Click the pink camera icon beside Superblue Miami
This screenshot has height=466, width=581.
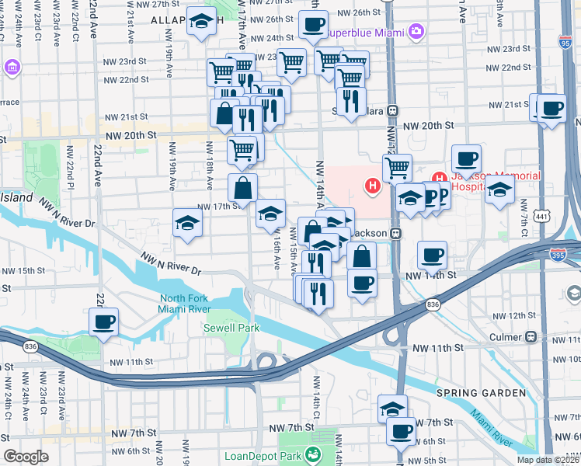[x=417, y=31]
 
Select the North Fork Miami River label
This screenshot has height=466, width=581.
[x=197, y=304]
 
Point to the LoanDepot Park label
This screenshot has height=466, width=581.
[x=261, y=457]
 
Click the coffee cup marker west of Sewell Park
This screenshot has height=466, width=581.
[x=103, y=321]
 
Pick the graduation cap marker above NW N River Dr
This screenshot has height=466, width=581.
[x=187, y=223]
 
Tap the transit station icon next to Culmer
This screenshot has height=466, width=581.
[x=531, y=337]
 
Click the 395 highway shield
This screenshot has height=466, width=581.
[x=557, y=254]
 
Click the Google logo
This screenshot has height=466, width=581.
[x=26, y=457]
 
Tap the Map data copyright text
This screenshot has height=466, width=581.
[x=548, y=460]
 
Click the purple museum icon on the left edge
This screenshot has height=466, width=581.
[x=12, y=68]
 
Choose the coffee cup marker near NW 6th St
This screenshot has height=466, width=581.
[x=402, y=431]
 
